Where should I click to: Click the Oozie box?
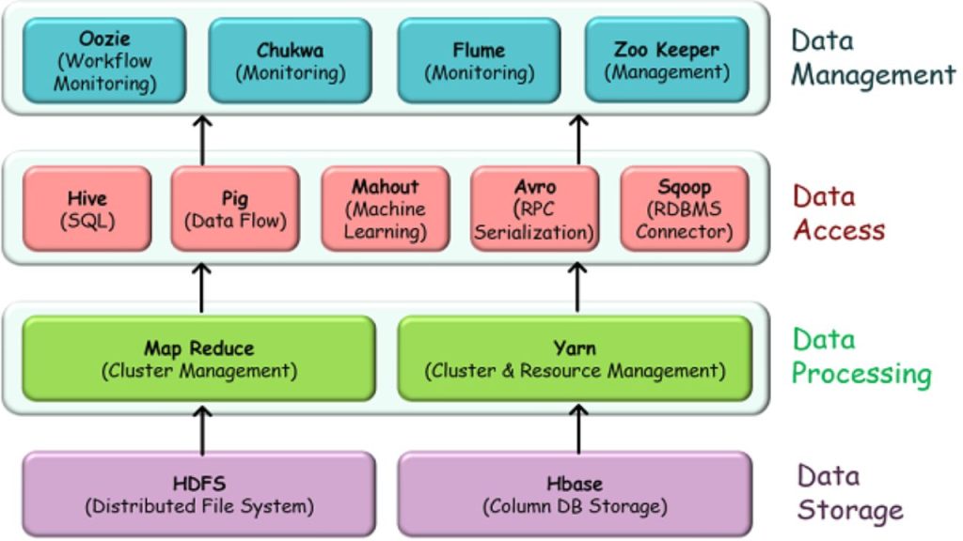tap(104, 60)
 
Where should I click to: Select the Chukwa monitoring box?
tap(291, 60)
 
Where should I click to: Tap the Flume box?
tap(479, 60)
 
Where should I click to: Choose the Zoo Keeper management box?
tap(667, 60)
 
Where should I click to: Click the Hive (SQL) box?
tap(87, 209)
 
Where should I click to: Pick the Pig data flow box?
tap(235, 209)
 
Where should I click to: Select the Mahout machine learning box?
tap(385, 209)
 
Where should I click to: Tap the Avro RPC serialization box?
tap(534, 209)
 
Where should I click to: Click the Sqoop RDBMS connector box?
tap(684, 209)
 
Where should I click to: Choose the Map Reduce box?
tap(198, 359)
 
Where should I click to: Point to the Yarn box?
tap(575, 359)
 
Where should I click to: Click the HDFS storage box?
tap(198, 495)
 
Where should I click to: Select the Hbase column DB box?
tap(575, 495)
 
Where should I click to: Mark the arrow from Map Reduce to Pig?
tap(202, 286)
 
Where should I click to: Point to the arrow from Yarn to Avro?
tap(578, 286)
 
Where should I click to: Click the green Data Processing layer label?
tap(860, 357)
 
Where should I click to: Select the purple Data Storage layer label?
tap(850, 493)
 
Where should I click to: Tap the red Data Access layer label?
tap(839, 213)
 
